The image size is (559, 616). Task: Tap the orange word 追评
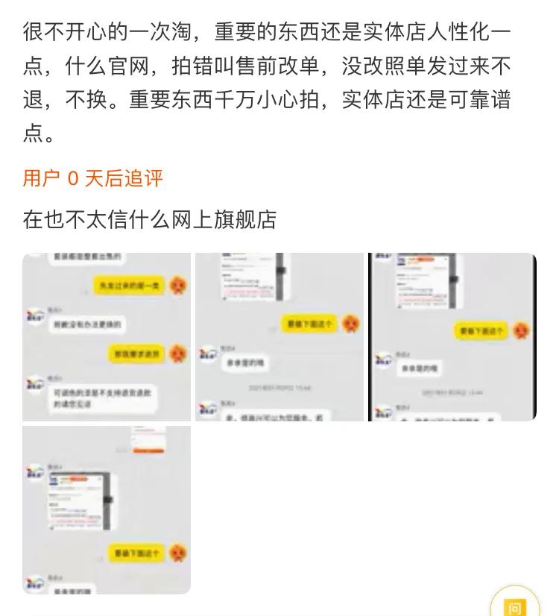click(143, 178)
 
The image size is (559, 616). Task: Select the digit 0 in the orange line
click(72, 178)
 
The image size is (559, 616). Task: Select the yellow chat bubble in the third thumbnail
click(481, 330)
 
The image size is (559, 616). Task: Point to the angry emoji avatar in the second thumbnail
click(350, 323)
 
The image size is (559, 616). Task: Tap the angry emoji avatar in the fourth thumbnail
click(177, 553)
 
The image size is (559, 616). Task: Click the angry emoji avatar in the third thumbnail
click(523, 330)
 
